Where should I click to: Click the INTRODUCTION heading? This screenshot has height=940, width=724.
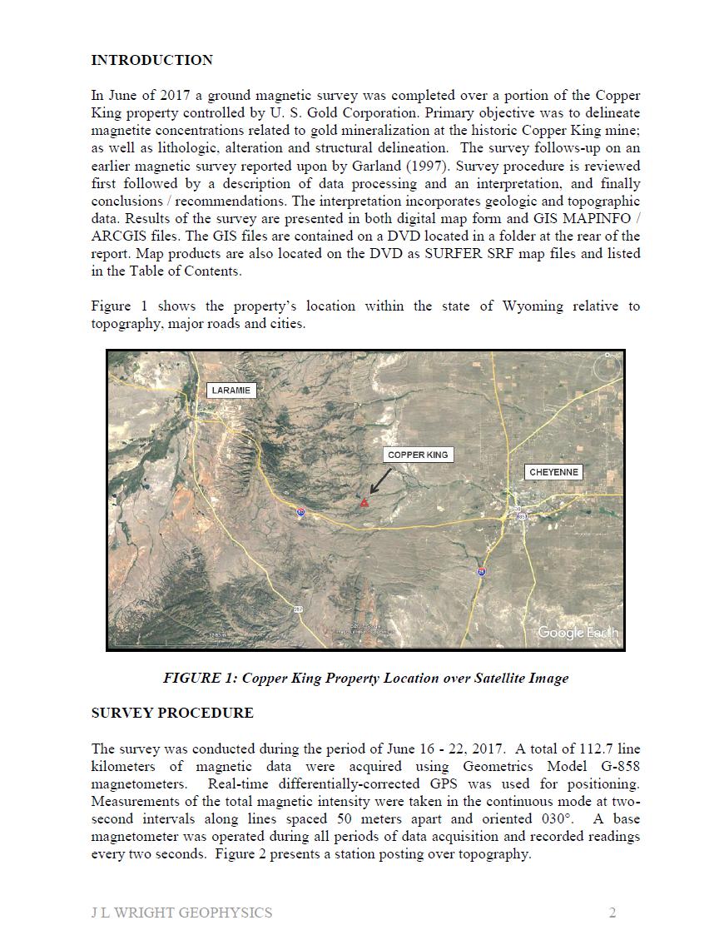point(151,60)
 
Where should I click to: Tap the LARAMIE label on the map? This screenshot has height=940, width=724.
point(231,390)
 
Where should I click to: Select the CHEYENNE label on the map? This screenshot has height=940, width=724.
point(554,472)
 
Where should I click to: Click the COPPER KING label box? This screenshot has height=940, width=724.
point(418,455)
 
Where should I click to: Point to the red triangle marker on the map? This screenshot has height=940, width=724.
point(364,502)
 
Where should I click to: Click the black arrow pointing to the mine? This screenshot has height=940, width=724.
point(379,481)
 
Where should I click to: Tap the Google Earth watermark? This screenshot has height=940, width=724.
point(578,633)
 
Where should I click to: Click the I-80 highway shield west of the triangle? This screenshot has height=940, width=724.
point(300,512)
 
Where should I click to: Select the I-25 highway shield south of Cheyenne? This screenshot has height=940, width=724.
point(481,571)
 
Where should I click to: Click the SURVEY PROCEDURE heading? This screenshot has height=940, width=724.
point(172,713)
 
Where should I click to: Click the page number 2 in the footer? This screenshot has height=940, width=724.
point(612,913)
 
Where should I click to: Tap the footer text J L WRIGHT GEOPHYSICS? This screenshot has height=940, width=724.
point(181,913)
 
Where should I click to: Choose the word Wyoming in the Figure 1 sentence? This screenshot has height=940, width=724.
point(532,306)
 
